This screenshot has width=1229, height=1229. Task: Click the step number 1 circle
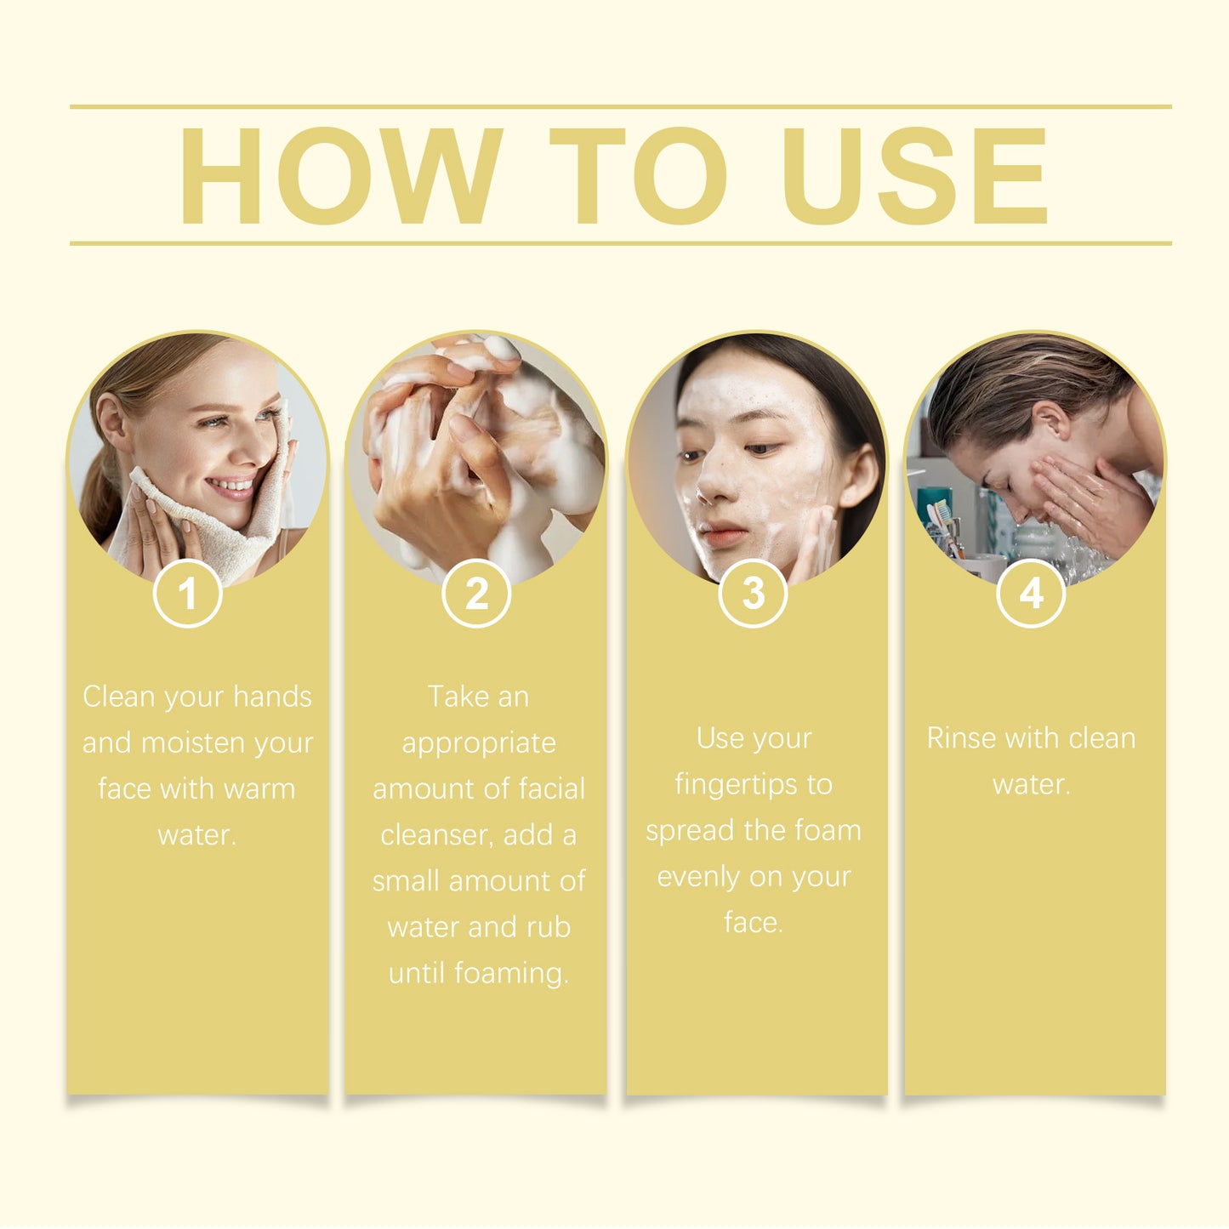(x=188, y=594)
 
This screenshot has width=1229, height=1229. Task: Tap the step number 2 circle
(x=476, y=594)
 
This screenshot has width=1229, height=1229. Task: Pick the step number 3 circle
(x=754, y=594)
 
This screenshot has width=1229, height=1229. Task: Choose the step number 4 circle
(x=1031, y=594)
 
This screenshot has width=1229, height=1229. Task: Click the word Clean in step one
(x=118, y=697)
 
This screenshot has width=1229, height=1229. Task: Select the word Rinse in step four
(x=961, y=738)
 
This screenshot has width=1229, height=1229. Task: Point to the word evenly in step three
(x=698, y=877)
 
